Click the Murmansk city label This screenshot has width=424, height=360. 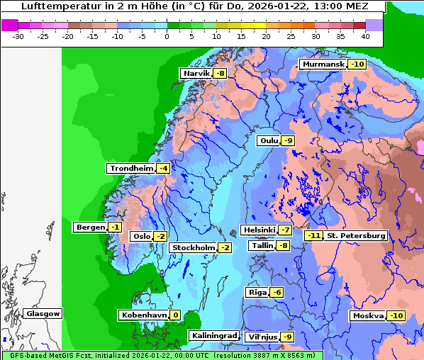323,64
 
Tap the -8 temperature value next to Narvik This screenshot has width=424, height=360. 221,74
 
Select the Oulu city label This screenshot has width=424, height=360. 269,141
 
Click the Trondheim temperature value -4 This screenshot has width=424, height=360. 163,169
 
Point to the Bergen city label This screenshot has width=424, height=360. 89,227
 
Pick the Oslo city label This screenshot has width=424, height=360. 142,237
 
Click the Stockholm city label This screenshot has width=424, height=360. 193,247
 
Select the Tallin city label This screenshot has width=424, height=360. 262,246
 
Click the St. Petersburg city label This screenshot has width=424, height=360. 356,235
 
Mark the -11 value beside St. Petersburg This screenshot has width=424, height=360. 313,235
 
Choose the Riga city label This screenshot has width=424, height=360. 257,293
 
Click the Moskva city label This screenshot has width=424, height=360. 368,316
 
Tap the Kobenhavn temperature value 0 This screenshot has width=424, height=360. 175,315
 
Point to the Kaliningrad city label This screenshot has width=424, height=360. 213,336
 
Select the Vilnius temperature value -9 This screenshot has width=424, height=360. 286,337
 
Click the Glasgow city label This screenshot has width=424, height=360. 43,314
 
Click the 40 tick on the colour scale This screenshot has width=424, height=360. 365,35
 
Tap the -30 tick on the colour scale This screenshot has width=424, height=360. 18,35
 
